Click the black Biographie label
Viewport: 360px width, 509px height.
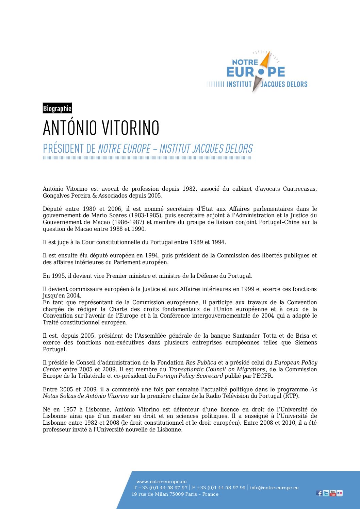[x=57, y=108]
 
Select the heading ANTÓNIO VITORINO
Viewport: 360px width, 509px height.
[x=101, y=128]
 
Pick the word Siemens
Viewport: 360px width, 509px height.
[x=306, y=343]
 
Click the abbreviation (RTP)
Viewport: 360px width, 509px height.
[x=291, y=396]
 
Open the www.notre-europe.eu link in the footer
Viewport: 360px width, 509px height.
[x=161, y=481]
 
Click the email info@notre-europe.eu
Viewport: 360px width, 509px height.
[x=274, y=488]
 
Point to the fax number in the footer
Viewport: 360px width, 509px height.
[x=219, y=488]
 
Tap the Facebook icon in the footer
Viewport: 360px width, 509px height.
[x=319, y=493]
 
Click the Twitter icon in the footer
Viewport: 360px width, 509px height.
[x=326, y=493]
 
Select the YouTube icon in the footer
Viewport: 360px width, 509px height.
[x=332, y=493]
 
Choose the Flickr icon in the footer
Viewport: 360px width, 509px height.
[x=339, y=493]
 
